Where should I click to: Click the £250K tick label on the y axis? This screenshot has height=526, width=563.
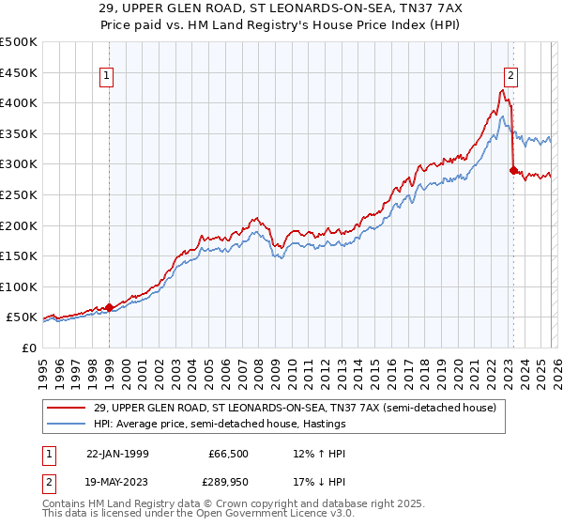tap(19, 194)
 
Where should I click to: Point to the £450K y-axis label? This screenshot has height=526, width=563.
tap(19, 72)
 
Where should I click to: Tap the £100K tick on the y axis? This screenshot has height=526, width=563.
tap(19, 286)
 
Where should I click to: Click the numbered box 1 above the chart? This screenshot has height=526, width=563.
tap(107, 77)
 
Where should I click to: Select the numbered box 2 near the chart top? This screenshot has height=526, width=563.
tap(511, 77)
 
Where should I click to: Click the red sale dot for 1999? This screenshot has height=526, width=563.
tap(110, 306)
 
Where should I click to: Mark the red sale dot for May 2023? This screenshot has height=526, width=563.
tap(512, 170)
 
